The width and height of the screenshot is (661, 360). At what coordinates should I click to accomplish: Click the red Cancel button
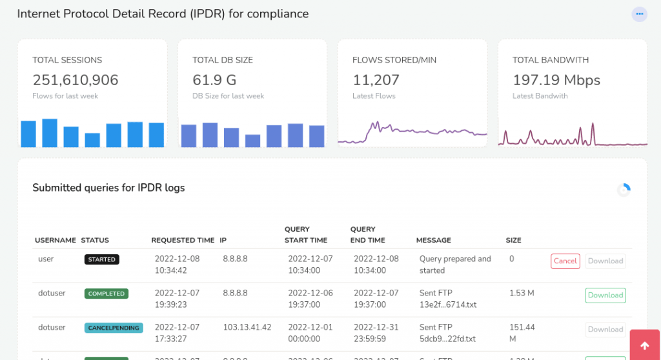pyautogui.click(x=565, y=261)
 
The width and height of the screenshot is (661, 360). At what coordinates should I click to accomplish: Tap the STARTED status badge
pyautogui.click(x=102, y=259)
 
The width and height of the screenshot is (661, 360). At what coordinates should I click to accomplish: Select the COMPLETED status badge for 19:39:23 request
pyautogui.click(x=107, y=294)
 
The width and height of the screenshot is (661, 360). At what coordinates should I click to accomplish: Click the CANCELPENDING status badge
pyautogui.click(x=114, y=328)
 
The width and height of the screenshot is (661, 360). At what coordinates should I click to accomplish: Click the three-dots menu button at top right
pyautogui.click(x=639, y=14)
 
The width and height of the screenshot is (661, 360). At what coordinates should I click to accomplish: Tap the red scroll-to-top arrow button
pyautogui.click(x=644, y=346)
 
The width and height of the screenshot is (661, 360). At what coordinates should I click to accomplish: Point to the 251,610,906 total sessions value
pyautogui.click(x=76, y=80)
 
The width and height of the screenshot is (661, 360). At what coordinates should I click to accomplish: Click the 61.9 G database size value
pyautogui.click(x=214, y=80)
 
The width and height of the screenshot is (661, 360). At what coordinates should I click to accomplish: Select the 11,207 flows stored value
pyautogui.click(x=376, y=80)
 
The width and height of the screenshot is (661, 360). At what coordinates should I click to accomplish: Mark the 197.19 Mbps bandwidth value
pyautogui.click(x=556, y=80)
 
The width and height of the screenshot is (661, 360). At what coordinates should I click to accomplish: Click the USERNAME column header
pyautogui.click(x=56, y=240)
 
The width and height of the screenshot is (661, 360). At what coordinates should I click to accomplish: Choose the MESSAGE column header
pyautogui.click(x=434, y=240)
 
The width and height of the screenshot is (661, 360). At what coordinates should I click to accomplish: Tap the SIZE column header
pyautogui.click(x=514, y=240)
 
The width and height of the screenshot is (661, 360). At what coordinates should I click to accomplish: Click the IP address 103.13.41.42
pyautogui.click(x=247, y=327)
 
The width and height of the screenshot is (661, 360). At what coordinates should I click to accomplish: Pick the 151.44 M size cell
pyautogui.click(x=522, y=333)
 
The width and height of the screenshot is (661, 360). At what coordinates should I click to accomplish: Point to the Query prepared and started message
pyautogui.click(x=455, y=265)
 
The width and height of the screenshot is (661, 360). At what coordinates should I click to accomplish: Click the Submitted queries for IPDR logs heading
pyautogui.click(x=108, y=188)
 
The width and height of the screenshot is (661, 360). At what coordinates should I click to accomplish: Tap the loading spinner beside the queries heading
pyautogui.click(x=624, y=190)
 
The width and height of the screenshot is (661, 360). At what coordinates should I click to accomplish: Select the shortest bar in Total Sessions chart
pyautogui.click(x=92, y=140)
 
